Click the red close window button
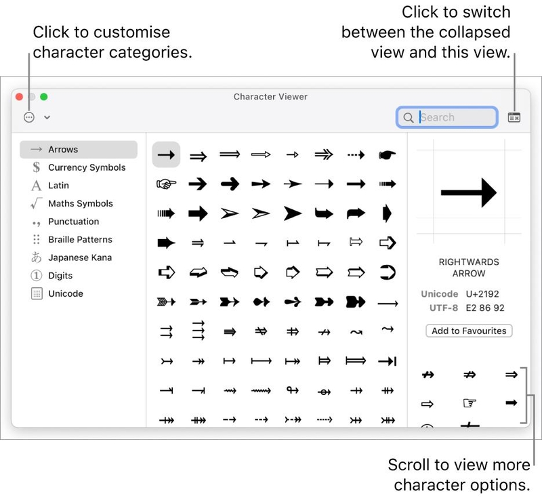point(20,97)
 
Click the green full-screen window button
point(43,97)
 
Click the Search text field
point(446,117)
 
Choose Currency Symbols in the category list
point(87,167)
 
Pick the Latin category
point(58,186)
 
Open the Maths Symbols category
point(81,203)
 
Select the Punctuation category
point(74,222)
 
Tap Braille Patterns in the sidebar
point(80,239)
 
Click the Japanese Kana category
point(80,257)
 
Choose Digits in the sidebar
point(60,276)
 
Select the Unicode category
point(66,293)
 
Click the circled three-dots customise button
point(29,117)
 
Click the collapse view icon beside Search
point(514,118)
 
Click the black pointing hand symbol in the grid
point(387,154)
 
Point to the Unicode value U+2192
point(482,294)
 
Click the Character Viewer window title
point(270,97)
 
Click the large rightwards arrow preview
point(469,192)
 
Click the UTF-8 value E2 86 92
point(485,308)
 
